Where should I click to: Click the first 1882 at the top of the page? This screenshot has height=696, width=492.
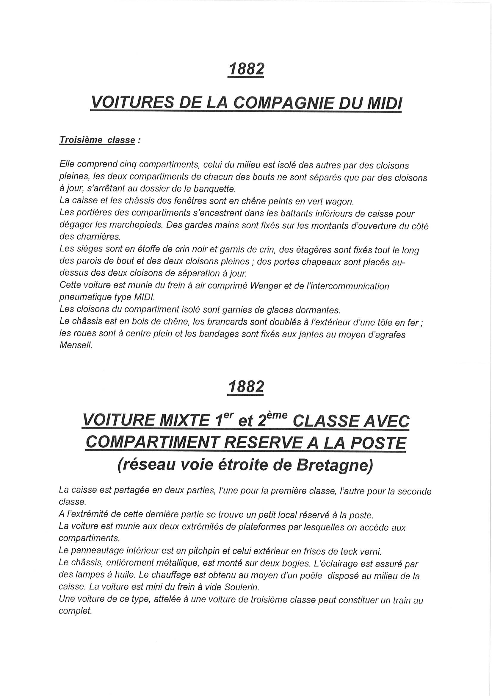pyautogui.click(x=246, y=69)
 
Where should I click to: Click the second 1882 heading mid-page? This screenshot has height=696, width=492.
pyautogui.click(x=246, y=387)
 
